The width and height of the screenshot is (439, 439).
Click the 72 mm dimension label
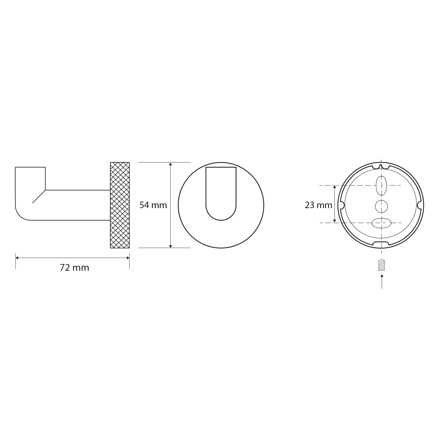pyautogui.click(x=74, y=268)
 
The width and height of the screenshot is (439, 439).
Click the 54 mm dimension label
pyautogui.click(x=153, y=205)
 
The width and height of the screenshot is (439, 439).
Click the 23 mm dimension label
pyautogui.click(x=318, y=205)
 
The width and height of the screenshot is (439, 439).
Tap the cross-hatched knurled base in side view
pyautogui.click(x=120, y=205)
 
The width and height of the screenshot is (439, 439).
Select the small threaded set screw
pyautogui.click(x=382, y=265)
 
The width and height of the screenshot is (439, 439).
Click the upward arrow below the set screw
pyautogui.click(x=382, y=281)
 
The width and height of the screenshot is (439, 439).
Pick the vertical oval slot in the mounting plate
pyautogui.click(x=381, y=186)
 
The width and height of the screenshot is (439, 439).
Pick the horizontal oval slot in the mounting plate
pyautogui.click(x=381, y=223)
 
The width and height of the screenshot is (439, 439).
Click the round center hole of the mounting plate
pyautogui.click(x=381, y=207)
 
